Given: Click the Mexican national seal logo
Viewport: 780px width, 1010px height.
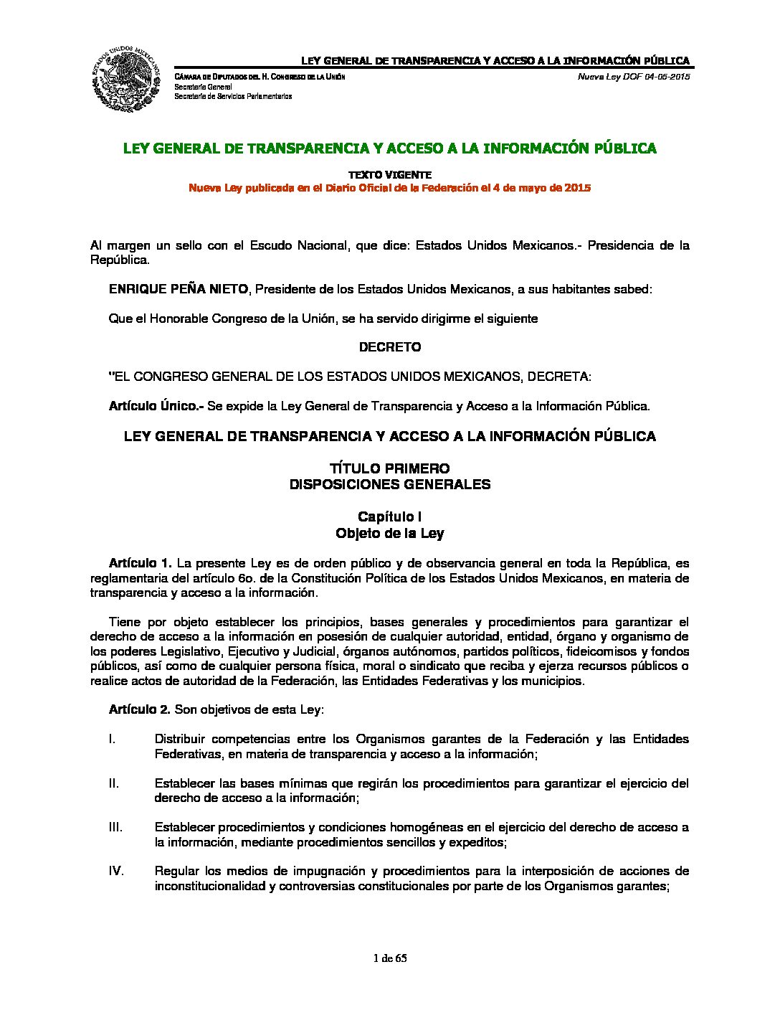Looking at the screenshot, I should [x=125, y=78].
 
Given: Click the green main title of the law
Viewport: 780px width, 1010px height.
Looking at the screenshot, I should [x=390, y=148].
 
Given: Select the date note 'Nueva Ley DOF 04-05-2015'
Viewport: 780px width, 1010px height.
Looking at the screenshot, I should [x=634, y=77].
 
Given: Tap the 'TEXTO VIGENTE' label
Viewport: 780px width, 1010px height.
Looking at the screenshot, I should [x=390, y=174].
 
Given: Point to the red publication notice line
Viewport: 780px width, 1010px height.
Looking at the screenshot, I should [x=390, y=188].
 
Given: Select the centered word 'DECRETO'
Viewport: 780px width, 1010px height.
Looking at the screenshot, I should [x=390, y=347].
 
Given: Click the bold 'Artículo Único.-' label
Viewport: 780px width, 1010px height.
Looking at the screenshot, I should [x=156, y=406].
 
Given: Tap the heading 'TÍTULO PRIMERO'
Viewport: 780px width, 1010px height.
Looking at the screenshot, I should [x=390, y=469].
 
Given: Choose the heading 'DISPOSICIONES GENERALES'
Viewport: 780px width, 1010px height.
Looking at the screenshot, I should [x=390, y=484].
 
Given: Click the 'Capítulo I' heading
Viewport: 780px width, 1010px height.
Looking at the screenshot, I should [x=390, y=517].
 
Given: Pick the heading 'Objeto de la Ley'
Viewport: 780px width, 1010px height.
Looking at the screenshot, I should [x=390, y=534].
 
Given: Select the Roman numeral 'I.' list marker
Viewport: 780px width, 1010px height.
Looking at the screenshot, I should [x=113, y=739].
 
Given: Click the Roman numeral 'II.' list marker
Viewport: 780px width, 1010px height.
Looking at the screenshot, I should [x=114, y=783].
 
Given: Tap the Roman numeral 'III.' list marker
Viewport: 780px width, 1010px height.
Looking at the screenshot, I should [x=115, y=827].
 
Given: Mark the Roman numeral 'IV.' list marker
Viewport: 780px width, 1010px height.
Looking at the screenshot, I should [x=116, y=871].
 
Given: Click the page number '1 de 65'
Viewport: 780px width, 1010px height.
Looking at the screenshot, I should [x=390, y=958].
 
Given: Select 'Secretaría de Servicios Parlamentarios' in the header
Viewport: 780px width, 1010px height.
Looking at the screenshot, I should [x=233, y=96].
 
